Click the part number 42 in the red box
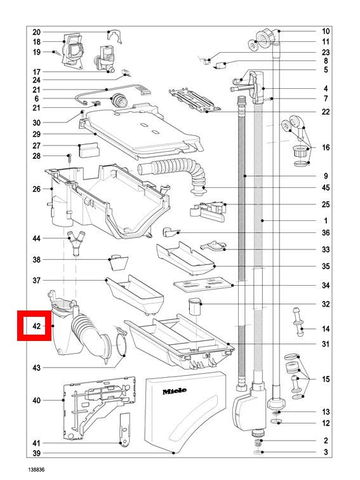click(36, 326)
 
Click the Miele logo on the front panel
click(175, 391)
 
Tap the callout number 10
click(326, 31)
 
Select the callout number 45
click(326, 187)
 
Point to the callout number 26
click(36, 189)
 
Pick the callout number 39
click(36, 453)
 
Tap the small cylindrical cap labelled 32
click(195, 307)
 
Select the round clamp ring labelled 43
click(121, 343)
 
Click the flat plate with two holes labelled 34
click(204, 284)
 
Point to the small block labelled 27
click(89, 150)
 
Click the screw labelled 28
click(70, 159)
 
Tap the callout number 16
click(326, 147)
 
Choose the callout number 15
click(326, 379)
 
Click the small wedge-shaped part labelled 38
click(119, 263)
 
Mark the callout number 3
click(326, 452)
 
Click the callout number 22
click(326, 112)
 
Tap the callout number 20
click(36, 32)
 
